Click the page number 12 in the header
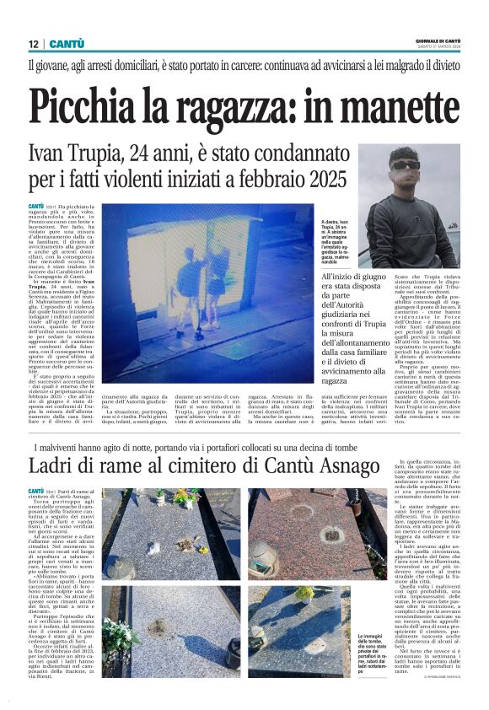click(34, 43)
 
